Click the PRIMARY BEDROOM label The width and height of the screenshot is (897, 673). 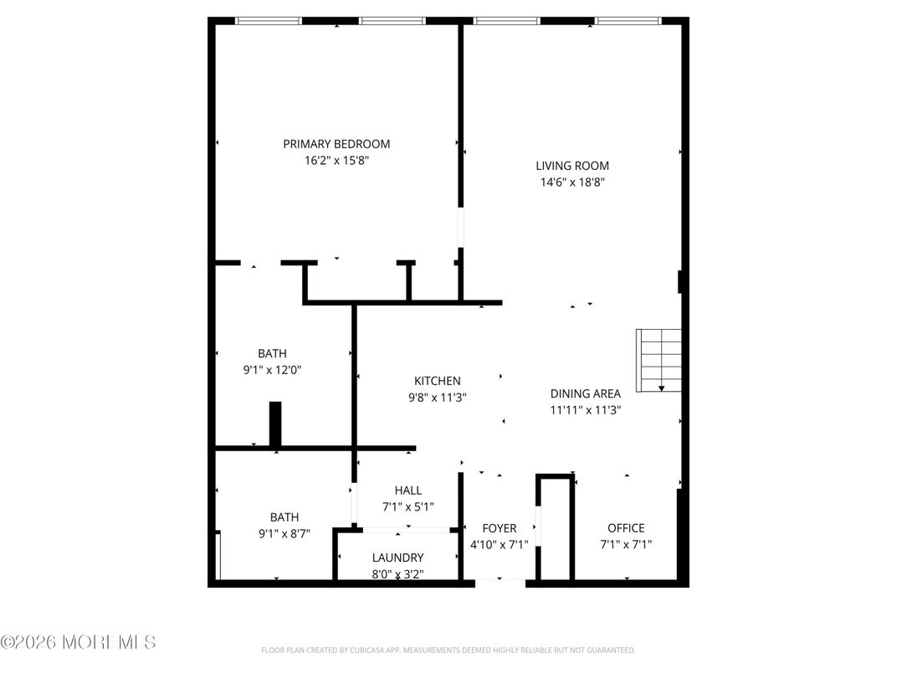click(336, 144)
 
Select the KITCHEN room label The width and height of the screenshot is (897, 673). click(437, 381)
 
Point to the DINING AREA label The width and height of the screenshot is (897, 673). click(585, 393)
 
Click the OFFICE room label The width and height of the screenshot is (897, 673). click(626, 527)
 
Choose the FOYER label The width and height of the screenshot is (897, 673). click(500, 528)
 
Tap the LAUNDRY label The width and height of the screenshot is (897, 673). click(397, 557)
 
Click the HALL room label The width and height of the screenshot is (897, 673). click(408, 491)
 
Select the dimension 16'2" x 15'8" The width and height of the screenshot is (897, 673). click(336, 160)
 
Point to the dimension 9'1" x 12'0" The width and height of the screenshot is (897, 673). click(272, 369)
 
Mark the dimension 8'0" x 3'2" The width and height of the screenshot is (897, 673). click(397, 573)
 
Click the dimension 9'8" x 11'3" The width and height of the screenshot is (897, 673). click(437, 398)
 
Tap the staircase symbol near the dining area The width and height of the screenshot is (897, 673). click(659, 360)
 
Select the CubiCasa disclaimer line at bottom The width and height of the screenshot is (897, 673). click(448, 650)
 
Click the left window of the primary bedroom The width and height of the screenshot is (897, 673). click(268, 21)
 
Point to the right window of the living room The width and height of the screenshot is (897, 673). click(628, 21)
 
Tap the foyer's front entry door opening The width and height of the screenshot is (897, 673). click(500, 582)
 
